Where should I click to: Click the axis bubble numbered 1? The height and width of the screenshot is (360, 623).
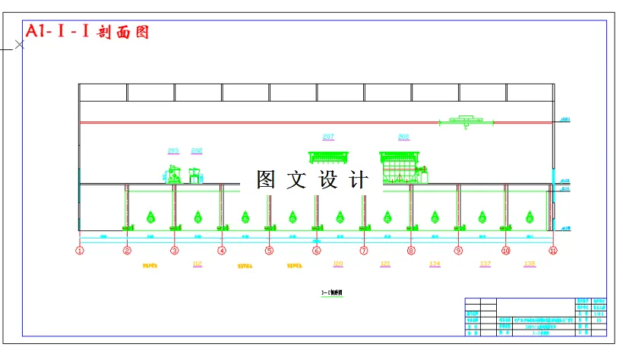point(80,250)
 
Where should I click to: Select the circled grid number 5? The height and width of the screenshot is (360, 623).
point(269,250)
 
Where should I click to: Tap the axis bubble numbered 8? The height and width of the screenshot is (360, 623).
point(411,250)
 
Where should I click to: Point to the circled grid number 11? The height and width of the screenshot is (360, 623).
point(553,250)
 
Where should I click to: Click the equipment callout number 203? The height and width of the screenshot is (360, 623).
point(173,150)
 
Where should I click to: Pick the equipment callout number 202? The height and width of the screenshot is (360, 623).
point(197,150)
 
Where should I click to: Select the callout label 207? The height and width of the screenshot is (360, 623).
point(328,137)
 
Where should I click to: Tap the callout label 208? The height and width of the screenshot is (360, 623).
point(403,137)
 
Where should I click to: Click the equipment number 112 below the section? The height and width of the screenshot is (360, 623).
point(198,264)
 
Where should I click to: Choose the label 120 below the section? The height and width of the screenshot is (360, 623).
point(339,264)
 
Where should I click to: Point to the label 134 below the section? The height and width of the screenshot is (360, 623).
point(435,264)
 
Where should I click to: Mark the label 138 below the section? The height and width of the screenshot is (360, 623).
point(530,264)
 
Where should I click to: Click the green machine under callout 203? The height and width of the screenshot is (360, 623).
point(173,174)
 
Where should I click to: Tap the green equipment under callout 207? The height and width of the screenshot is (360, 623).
point(328,157)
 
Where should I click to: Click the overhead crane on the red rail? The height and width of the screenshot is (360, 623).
point(466,120)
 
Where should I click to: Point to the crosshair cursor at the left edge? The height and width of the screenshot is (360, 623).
point(20,45)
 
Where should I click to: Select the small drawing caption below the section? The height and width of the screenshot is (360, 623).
point(332,292)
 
